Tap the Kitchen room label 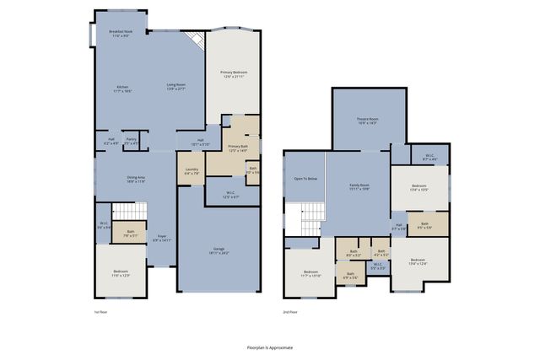[x=121, y=89]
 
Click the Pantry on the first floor [x=131, y=141]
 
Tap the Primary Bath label [x=238, y=148]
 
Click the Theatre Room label [x=367, y=121]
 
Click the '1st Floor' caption [x=100, y=312]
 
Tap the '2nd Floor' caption [x=291, y=312]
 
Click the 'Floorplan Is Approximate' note [x=270, y=347]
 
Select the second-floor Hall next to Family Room [x=398, y=226]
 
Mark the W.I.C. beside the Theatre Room [x=429, y=156]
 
